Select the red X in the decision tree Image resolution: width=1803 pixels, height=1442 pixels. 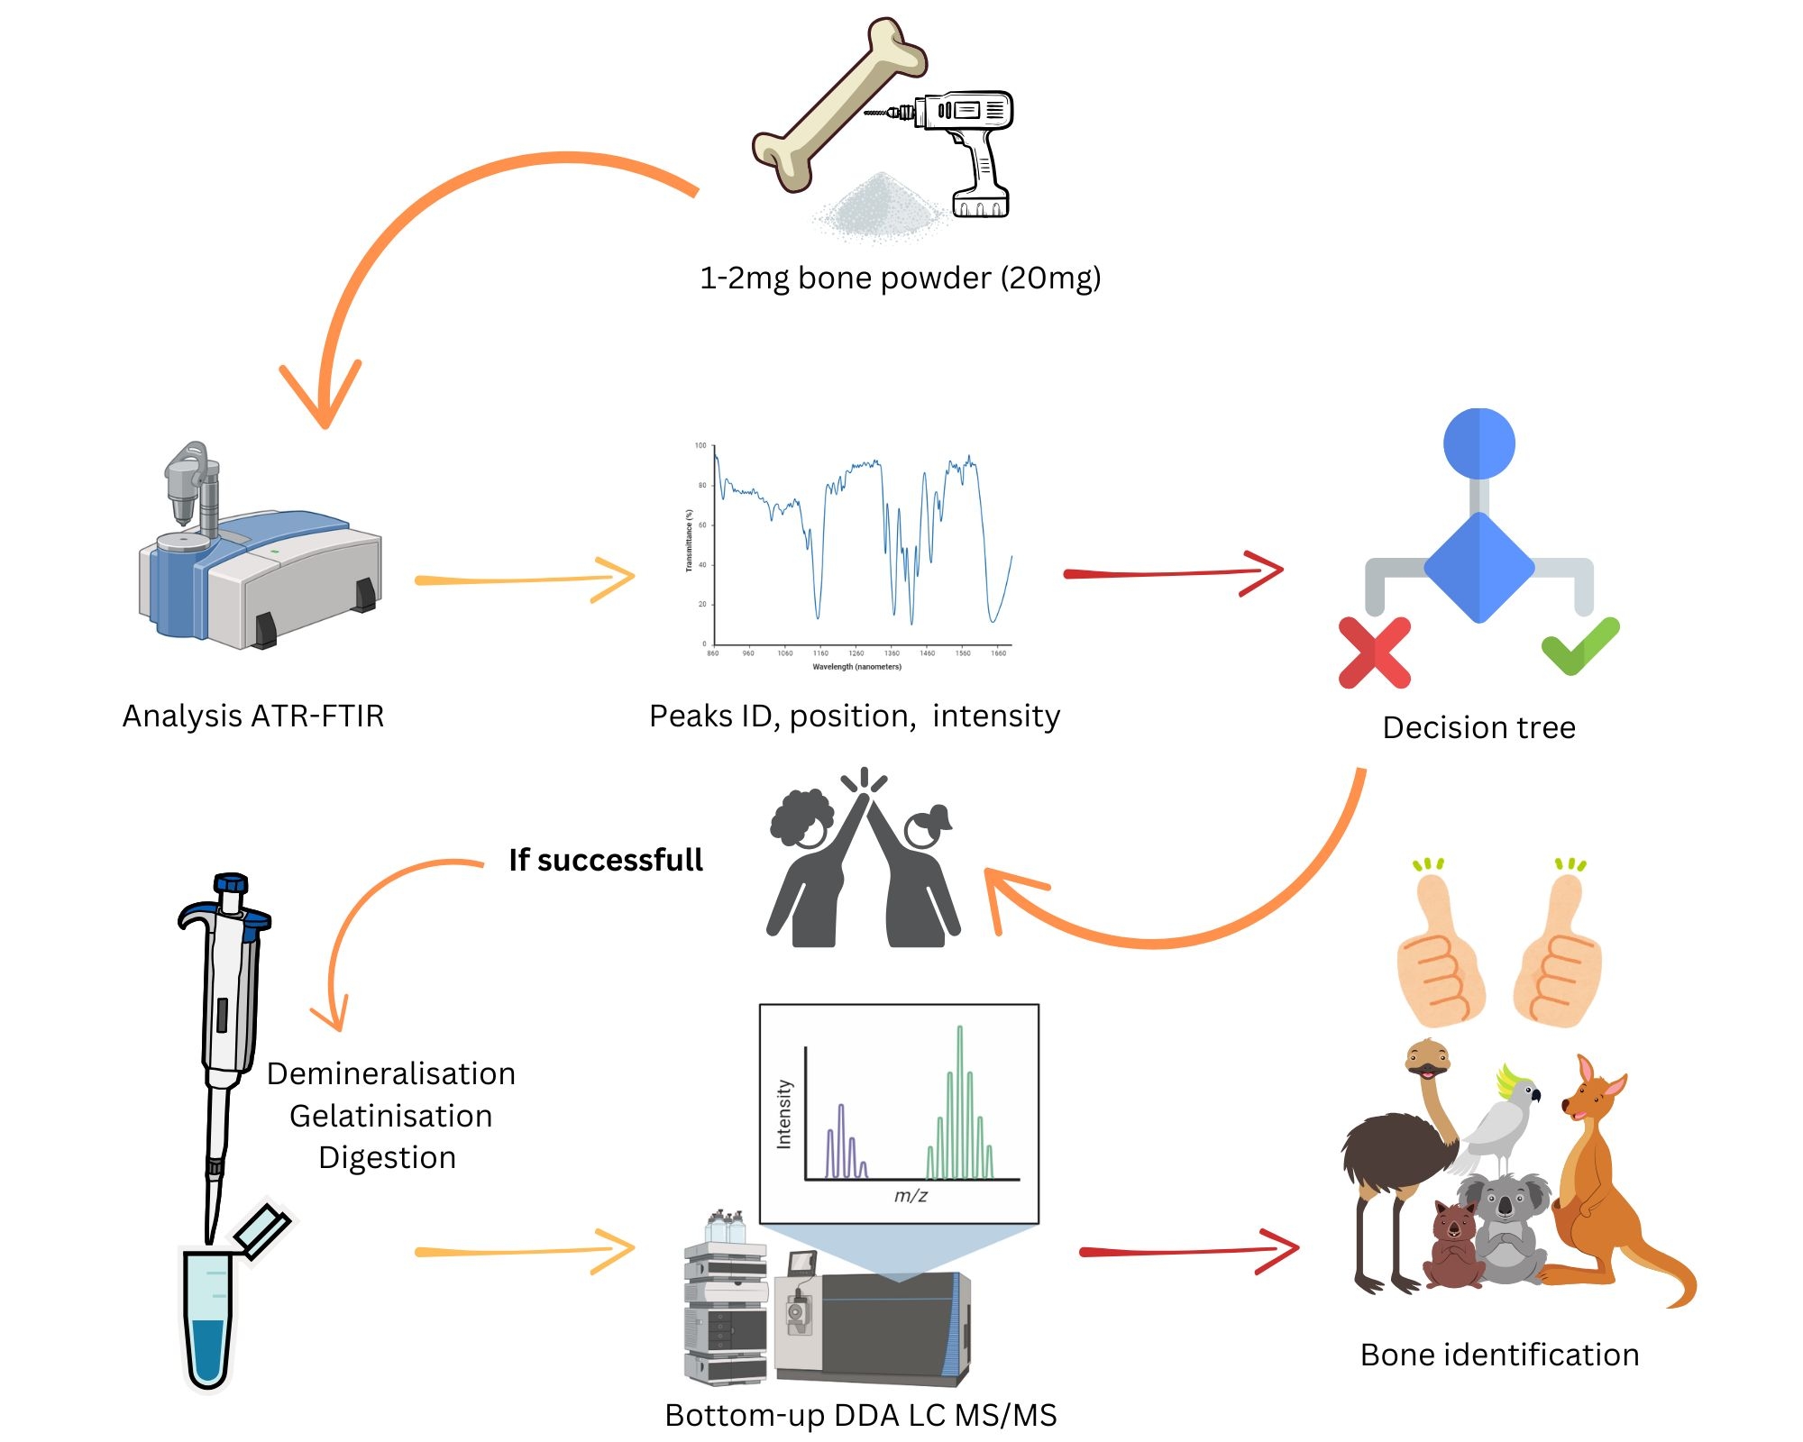1374,653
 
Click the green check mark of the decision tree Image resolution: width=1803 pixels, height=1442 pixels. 1579,645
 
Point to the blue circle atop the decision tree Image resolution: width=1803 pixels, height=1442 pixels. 1478,443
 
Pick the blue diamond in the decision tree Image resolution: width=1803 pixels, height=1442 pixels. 1478,568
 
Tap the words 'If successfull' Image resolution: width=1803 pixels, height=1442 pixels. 605,860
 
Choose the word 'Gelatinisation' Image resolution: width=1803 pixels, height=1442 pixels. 390,1116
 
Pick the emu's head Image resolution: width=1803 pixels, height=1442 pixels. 1427,1059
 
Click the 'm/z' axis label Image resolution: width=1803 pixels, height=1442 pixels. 911,1196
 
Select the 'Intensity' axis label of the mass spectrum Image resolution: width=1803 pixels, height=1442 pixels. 784,1114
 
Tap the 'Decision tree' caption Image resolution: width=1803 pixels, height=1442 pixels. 1478,727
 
